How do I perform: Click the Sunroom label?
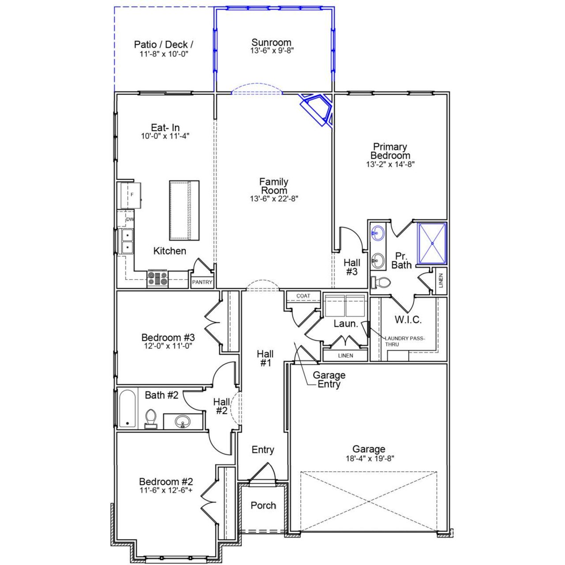[271, 42]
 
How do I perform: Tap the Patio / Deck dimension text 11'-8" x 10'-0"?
[164, 54]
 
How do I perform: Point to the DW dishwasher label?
[130, 219]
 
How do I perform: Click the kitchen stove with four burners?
[158, 279]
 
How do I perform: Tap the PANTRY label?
[202, 282]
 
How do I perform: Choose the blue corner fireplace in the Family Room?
[317, 109]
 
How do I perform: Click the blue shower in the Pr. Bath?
[432, 243]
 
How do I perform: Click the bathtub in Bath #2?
[127, 408]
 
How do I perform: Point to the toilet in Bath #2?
[151, 418]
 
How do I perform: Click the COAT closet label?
[303, 296]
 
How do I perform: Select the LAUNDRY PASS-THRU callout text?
[404, 341]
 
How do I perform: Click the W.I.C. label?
[408, 320]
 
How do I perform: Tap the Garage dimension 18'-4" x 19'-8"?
[369, 459]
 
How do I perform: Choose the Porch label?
[263, 505]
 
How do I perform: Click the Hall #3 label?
[352, 267]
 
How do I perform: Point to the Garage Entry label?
[329, 380]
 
